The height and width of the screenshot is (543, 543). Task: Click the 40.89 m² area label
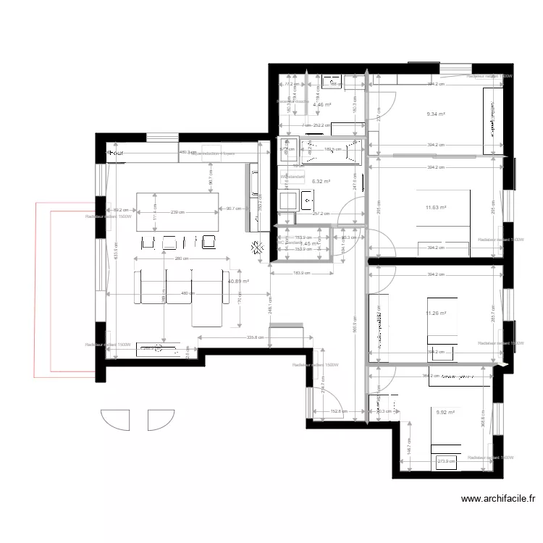[x=238, y=282]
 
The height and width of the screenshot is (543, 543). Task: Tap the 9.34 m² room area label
[x=436, y=114]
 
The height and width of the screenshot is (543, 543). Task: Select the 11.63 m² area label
[x=436, y=208]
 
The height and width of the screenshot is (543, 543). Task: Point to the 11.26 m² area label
[x=436, y=313]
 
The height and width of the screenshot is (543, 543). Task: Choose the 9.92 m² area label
[x=445, y=413]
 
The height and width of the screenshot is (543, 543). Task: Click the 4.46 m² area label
[x=321, y=104]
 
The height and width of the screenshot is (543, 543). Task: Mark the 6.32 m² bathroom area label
[x=321, y=182]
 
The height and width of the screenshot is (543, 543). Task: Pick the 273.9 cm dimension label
[x=446, y=460]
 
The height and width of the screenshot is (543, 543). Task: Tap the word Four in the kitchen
[x=116, y=153]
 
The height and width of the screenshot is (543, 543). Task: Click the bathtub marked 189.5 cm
[x=331, y=151]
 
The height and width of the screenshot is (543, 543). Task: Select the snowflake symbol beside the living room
[x=257, y=248]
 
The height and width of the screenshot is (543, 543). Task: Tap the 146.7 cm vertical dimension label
[x=408, y=449]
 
